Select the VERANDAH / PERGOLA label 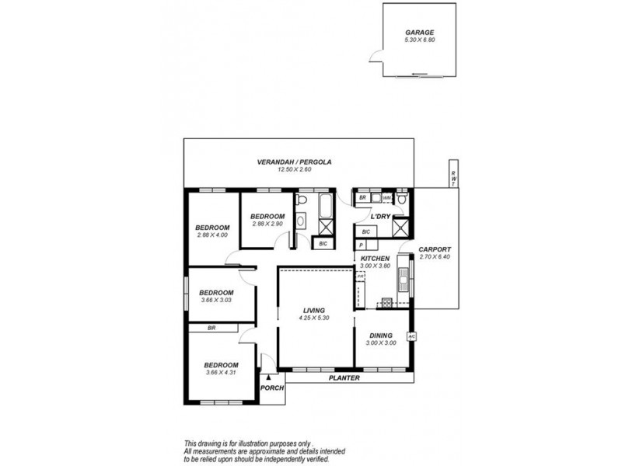pos(295,162)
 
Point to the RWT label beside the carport pos(451,179)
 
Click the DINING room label pos(381,336)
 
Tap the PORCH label pos(272,388)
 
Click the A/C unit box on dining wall pos(412,336)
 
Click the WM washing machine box pos(386,198)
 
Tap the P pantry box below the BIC pos(362,244)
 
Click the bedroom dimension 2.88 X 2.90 pos(267,224)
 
